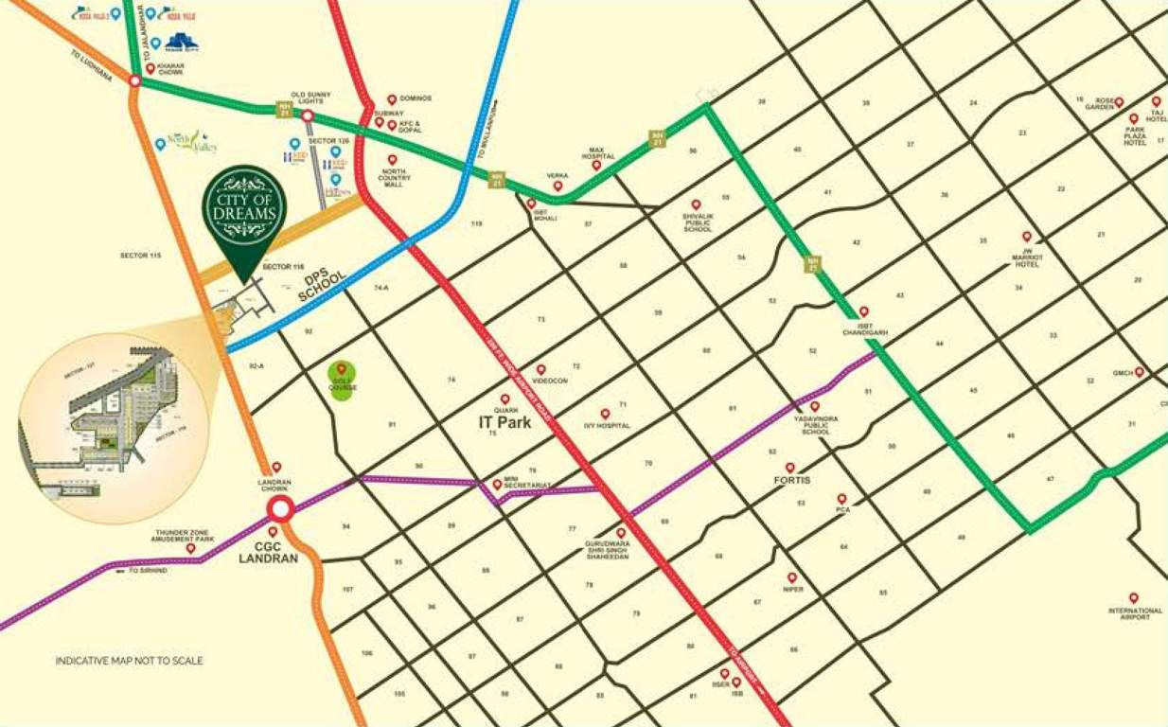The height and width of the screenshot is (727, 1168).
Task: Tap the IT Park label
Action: point(504,423)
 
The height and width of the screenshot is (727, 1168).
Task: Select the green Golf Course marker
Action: point(342,380)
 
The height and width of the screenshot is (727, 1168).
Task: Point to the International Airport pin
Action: point(1133,598)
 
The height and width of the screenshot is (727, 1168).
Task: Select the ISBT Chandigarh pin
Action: point(863,311)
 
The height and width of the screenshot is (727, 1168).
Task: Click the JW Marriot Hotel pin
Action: point(1026,237)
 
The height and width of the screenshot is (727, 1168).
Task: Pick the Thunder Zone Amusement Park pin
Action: point(190,548)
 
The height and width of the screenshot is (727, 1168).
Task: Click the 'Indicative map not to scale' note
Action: point(129,661)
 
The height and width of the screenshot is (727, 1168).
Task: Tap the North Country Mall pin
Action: point(392,160)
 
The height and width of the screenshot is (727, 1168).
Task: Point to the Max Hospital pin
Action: point(596,165)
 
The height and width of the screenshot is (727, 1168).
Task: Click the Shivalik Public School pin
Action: point(696,204)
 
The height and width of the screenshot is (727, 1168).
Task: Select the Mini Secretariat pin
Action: point(497,484)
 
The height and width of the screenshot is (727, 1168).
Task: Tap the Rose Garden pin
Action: point(1118,102)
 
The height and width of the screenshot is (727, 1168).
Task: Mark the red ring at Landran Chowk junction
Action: point(278,509)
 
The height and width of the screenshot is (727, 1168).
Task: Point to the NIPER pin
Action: point(791,577)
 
